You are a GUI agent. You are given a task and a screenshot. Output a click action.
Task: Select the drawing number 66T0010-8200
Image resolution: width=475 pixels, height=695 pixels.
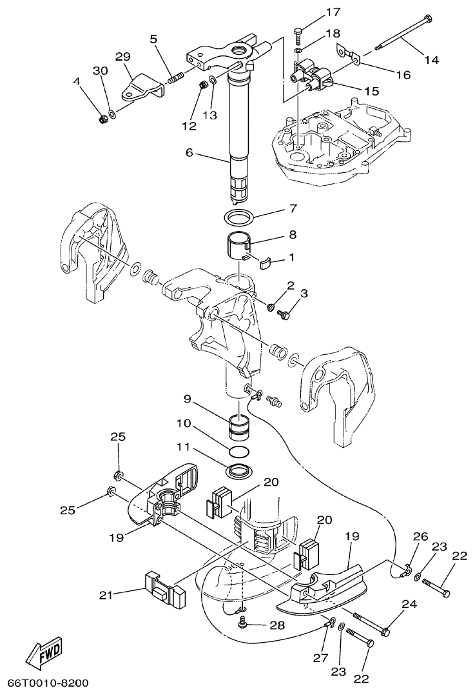tap(48, 683)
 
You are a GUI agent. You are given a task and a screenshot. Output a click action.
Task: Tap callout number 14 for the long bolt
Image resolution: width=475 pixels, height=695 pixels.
tap(431, 59)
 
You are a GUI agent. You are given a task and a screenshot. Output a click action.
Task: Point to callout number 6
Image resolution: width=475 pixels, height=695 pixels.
tap(189, 154)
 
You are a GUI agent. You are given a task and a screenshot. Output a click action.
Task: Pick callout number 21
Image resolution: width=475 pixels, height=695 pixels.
tap(107, 595)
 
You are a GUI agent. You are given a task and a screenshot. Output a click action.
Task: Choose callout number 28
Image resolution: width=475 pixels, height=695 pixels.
tap(278, 625)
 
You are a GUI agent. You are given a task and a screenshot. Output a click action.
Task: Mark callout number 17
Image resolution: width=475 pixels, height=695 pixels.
tap(333, 12)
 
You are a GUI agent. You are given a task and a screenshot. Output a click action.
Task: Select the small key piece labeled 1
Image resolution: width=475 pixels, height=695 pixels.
tap(266, 261)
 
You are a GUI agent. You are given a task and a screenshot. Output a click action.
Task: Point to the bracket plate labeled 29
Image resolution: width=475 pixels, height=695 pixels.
tap(141, 88)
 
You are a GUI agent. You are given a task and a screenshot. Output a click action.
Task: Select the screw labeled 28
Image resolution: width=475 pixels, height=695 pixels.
tap(244, 622)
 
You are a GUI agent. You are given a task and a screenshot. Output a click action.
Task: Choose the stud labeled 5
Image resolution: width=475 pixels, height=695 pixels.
tap(175, 79)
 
